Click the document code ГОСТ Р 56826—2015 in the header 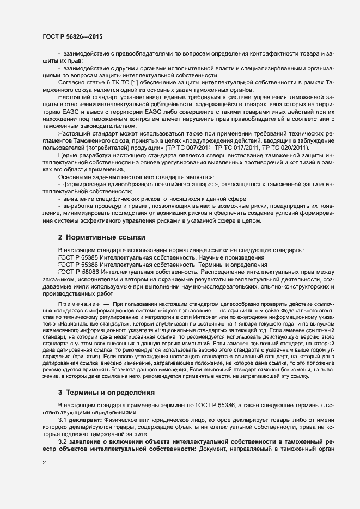72,36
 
